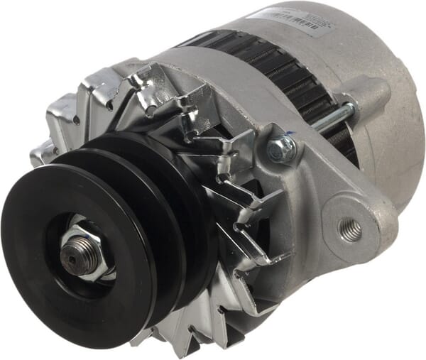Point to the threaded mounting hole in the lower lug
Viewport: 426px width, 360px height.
pyautogui.click(x=350, y=229)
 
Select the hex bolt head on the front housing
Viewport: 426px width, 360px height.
pyautogui.click(x=283, y=147)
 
